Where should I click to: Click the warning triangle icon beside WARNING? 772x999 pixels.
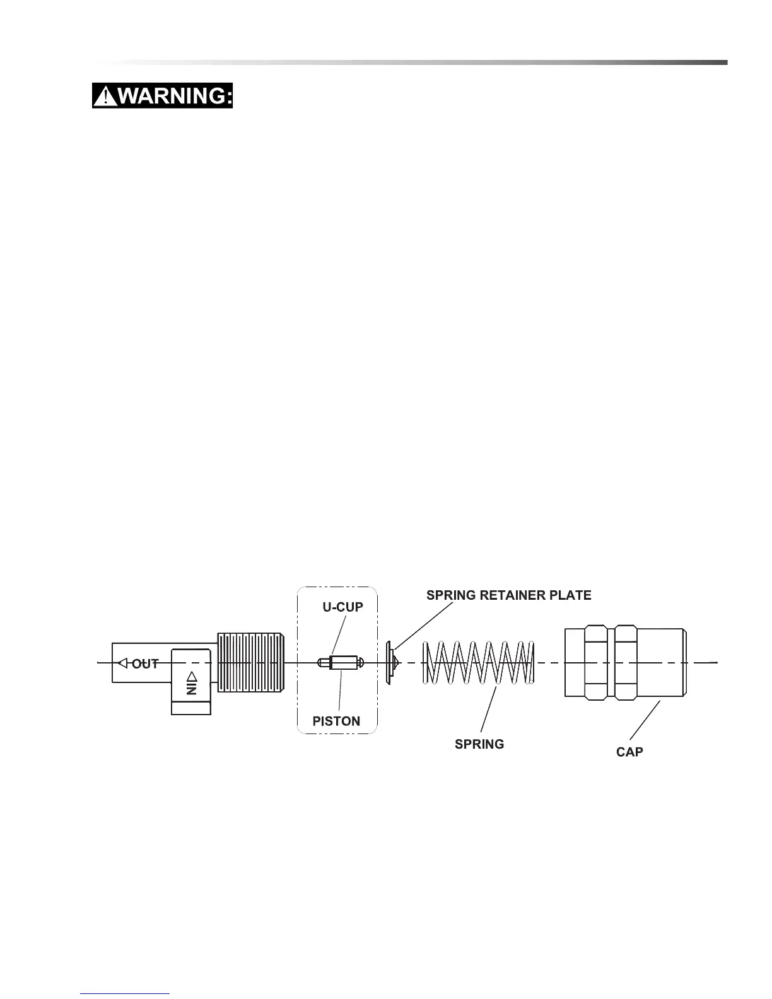105,96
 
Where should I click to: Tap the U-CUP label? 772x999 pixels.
342,607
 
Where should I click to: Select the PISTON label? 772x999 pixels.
336,721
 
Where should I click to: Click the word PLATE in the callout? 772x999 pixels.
571,595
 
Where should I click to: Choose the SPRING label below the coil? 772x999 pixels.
479,744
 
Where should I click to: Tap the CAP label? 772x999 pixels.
629,752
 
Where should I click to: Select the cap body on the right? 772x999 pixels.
624,662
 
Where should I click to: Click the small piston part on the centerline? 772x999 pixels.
341,663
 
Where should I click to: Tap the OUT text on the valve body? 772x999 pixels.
145,663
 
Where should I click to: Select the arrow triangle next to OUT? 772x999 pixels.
123,663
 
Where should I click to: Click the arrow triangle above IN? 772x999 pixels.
192,675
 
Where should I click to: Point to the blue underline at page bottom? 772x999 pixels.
126,993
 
